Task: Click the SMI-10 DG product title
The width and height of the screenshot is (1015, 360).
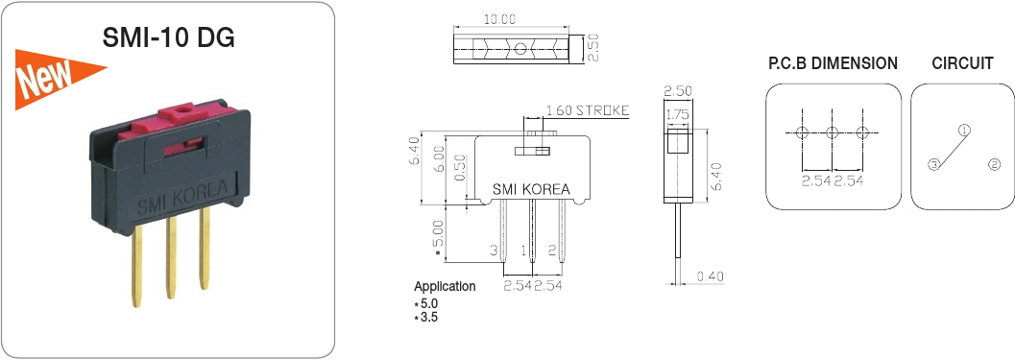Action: (169, 37)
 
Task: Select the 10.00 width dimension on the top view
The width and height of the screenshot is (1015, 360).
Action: (499, 19)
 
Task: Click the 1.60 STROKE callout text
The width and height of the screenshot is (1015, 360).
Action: (587, 110)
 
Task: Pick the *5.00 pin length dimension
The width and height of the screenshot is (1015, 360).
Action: (438, 239)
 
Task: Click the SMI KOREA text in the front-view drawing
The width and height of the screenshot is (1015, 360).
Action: (531, 190)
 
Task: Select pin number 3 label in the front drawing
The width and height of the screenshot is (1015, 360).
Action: (494, 250)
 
